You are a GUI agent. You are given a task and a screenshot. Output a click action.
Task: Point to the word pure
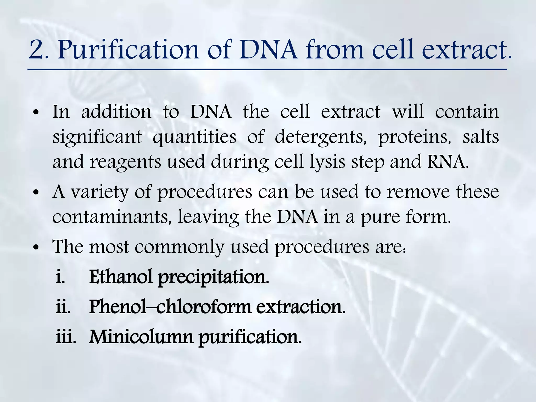tap(379, 217)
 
